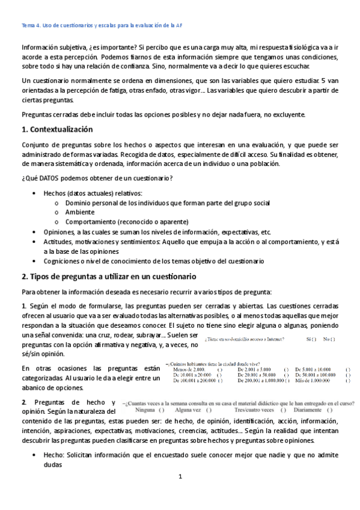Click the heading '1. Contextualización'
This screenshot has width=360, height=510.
[x=57, y=129]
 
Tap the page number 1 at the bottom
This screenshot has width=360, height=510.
[x=180, y=494]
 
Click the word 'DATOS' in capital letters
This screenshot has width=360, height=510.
[x=47, y=179]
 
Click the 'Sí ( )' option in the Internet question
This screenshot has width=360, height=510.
[x=312, y=340]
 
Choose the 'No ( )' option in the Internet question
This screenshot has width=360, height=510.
[x=329, y=340]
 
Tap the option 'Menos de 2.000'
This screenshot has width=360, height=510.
[x=188, y=369]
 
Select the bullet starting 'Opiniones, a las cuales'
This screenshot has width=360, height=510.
[x=157, y=232]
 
